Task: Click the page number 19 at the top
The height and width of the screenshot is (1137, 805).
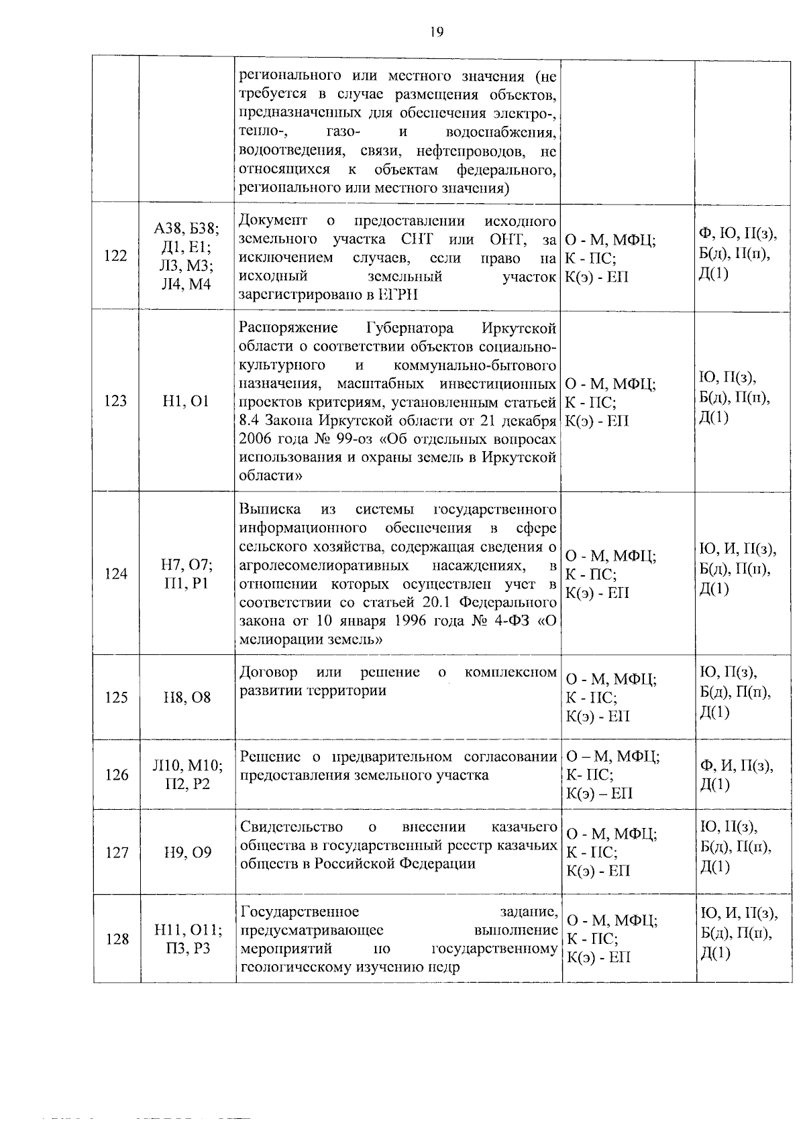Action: (x=437, y=31)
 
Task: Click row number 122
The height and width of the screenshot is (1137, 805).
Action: (x=116, y=255)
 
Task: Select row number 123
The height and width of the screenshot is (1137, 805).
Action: (x=116, y=401)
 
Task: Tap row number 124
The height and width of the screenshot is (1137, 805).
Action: (x=116, y=574)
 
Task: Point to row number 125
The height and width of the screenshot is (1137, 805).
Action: (x=116, y=697)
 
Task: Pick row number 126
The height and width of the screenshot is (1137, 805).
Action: (x=116, y=775)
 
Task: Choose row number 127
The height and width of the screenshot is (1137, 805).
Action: (x=116, y=852)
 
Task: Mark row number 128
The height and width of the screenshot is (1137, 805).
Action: (x=116, y=939)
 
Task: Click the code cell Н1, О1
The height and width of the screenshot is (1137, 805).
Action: (x=186, y=401)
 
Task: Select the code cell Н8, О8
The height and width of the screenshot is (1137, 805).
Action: (x=187, y=697)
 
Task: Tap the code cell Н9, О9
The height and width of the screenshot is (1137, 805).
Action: (x=187, y=852)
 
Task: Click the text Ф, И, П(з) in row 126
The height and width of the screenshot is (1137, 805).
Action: (x=736, y=766)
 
